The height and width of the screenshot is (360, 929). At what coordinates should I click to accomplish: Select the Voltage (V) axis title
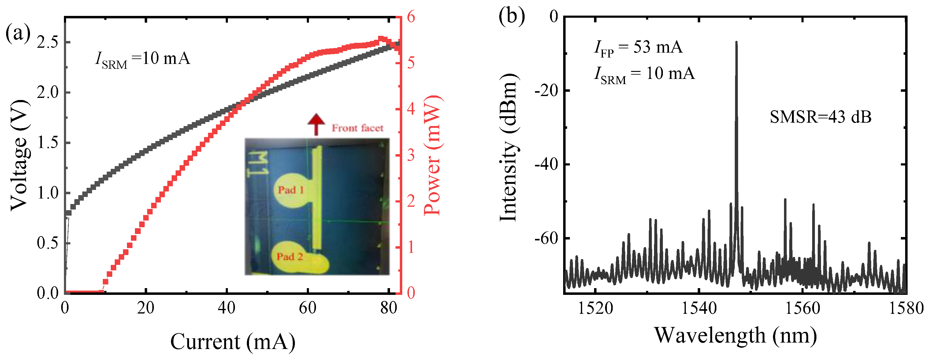pos(19,155)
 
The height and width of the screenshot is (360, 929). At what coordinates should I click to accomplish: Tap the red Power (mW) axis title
pos(432,155)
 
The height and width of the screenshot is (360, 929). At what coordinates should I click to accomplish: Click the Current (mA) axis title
pos(232,341)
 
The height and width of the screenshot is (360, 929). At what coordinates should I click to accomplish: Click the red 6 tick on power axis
pos(411,17)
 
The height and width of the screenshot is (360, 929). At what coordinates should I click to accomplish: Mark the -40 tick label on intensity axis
pos(546,164)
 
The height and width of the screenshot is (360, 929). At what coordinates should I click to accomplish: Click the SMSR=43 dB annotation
pos(820,117)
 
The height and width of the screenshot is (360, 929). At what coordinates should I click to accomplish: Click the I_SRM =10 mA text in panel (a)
pos(143,59)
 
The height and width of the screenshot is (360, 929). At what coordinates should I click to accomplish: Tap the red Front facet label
pos(357,128)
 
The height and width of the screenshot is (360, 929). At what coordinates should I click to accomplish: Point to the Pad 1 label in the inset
pos(291,190)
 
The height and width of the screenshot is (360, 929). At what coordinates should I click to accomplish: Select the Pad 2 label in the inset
pos(290,257)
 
